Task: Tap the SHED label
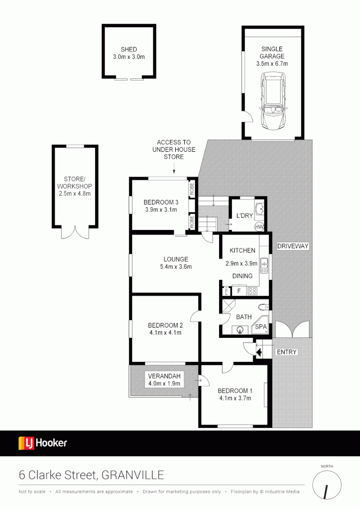click(129, 49)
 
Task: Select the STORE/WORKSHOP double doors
click(75, 232)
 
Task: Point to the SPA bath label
click(261, 327)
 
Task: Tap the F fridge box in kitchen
click(239, 291)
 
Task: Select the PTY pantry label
click(227, 291)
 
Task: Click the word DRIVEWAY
click(293, 246)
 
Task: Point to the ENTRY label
click(286, 352)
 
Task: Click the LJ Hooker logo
click(43, 443)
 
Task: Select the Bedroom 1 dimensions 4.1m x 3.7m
click(235, 398)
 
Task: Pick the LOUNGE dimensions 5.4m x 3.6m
click(176, 267)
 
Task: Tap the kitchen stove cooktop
click(253, 291)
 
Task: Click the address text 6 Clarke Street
click(58, 475)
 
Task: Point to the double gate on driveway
click(293, 329)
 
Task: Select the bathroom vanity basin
click(241, 329)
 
